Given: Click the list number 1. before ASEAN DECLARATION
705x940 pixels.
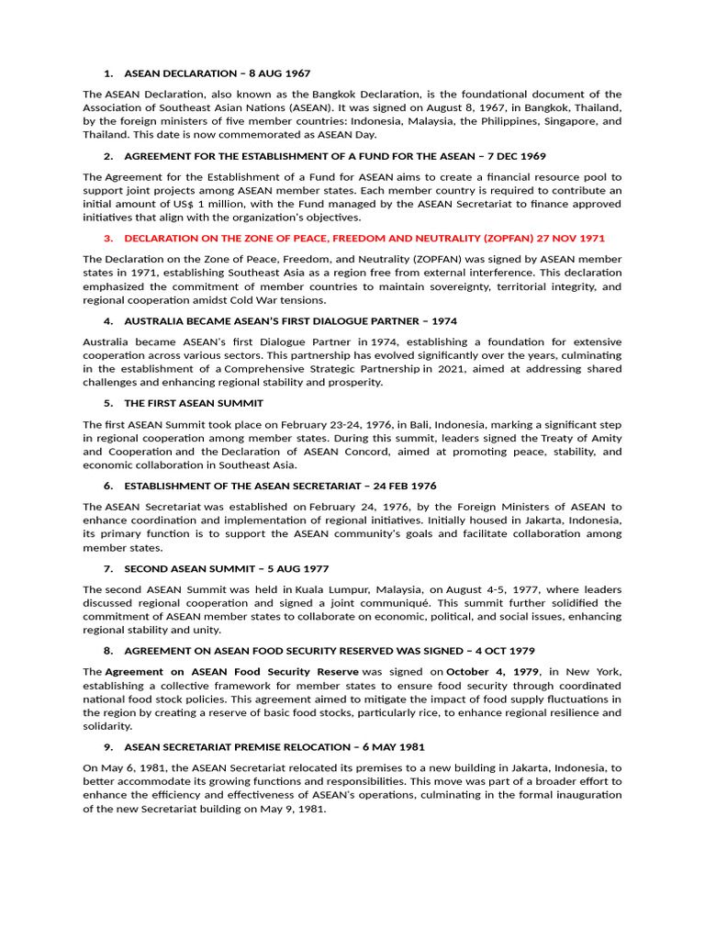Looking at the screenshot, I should click(x=107, y=73).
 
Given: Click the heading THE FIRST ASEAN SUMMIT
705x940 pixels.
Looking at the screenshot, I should click(x=194, y=403).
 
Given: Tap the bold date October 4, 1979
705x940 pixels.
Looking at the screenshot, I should click(x=493, y=672).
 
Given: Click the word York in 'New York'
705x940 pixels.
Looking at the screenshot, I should click(x=602, y=672).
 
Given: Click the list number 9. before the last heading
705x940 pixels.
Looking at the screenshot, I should click(x=107, y=747).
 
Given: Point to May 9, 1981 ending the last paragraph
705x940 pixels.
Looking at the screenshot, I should click(x=297, y=809).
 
